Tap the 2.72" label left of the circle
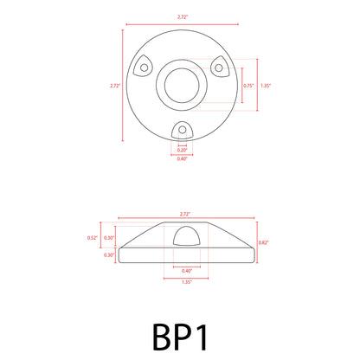coord(115,86)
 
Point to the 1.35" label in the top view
coord(266,86)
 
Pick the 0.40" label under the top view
coord(181,158)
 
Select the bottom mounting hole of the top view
coord(181,128)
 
